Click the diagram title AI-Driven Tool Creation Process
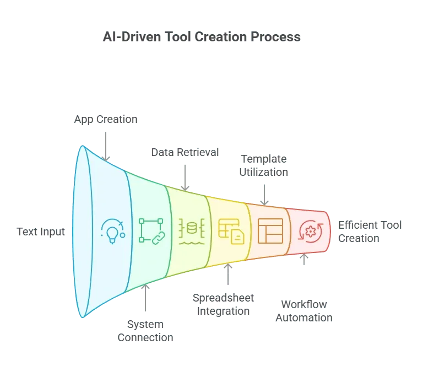(202, 37)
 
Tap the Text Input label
(41, 232)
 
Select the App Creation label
(106, 119)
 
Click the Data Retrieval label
(185, 152)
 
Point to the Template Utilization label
(264, 165)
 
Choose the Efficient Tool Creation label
(370, 232)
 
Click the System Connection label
(145, 331)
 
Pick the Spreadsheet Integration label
(223, 304)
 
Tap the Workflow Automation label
(304, 311)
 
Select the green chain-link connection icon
(151, 232)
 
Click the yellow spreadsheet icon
(231, 232)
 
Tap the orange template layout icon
(270, 231)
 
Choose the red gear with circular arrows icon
(311, 232)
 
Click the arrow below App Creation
(106, 146)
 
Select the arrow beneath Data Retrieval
(185, 178)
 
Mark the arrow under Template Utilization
(264, 195)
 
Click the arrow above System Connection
(145, 298)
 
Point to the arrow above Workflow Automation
(304, 259)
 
